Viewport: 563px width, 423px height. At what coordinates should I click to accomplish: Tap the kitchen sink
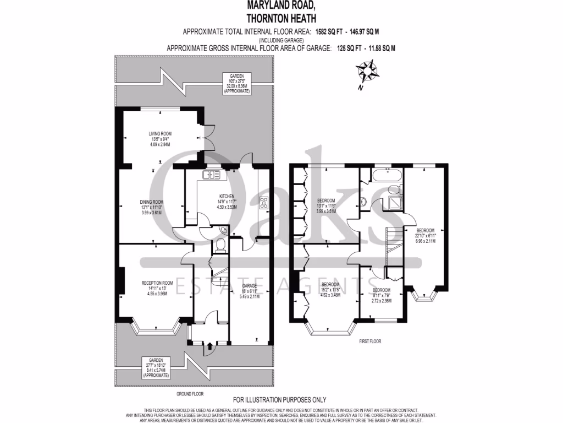211,175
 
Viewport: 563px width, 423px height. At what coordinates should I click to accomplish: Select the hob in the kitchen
263,202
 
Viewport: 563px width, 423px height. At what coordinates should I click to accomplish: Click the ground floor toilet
220,245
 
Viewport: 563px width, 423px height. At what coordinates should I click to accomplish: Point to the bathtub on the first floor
387,176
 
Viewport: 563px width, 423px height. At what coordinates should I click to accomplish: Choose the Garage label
250,292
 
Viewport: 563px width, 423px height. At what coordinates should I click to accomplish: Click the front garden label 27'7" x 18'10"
156,367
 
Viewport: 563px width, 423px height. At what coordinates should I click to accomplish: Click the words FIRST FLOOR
370,341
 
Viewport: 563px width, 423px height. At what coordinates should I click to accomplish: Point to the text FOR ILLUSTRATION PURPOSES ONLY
280,400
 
